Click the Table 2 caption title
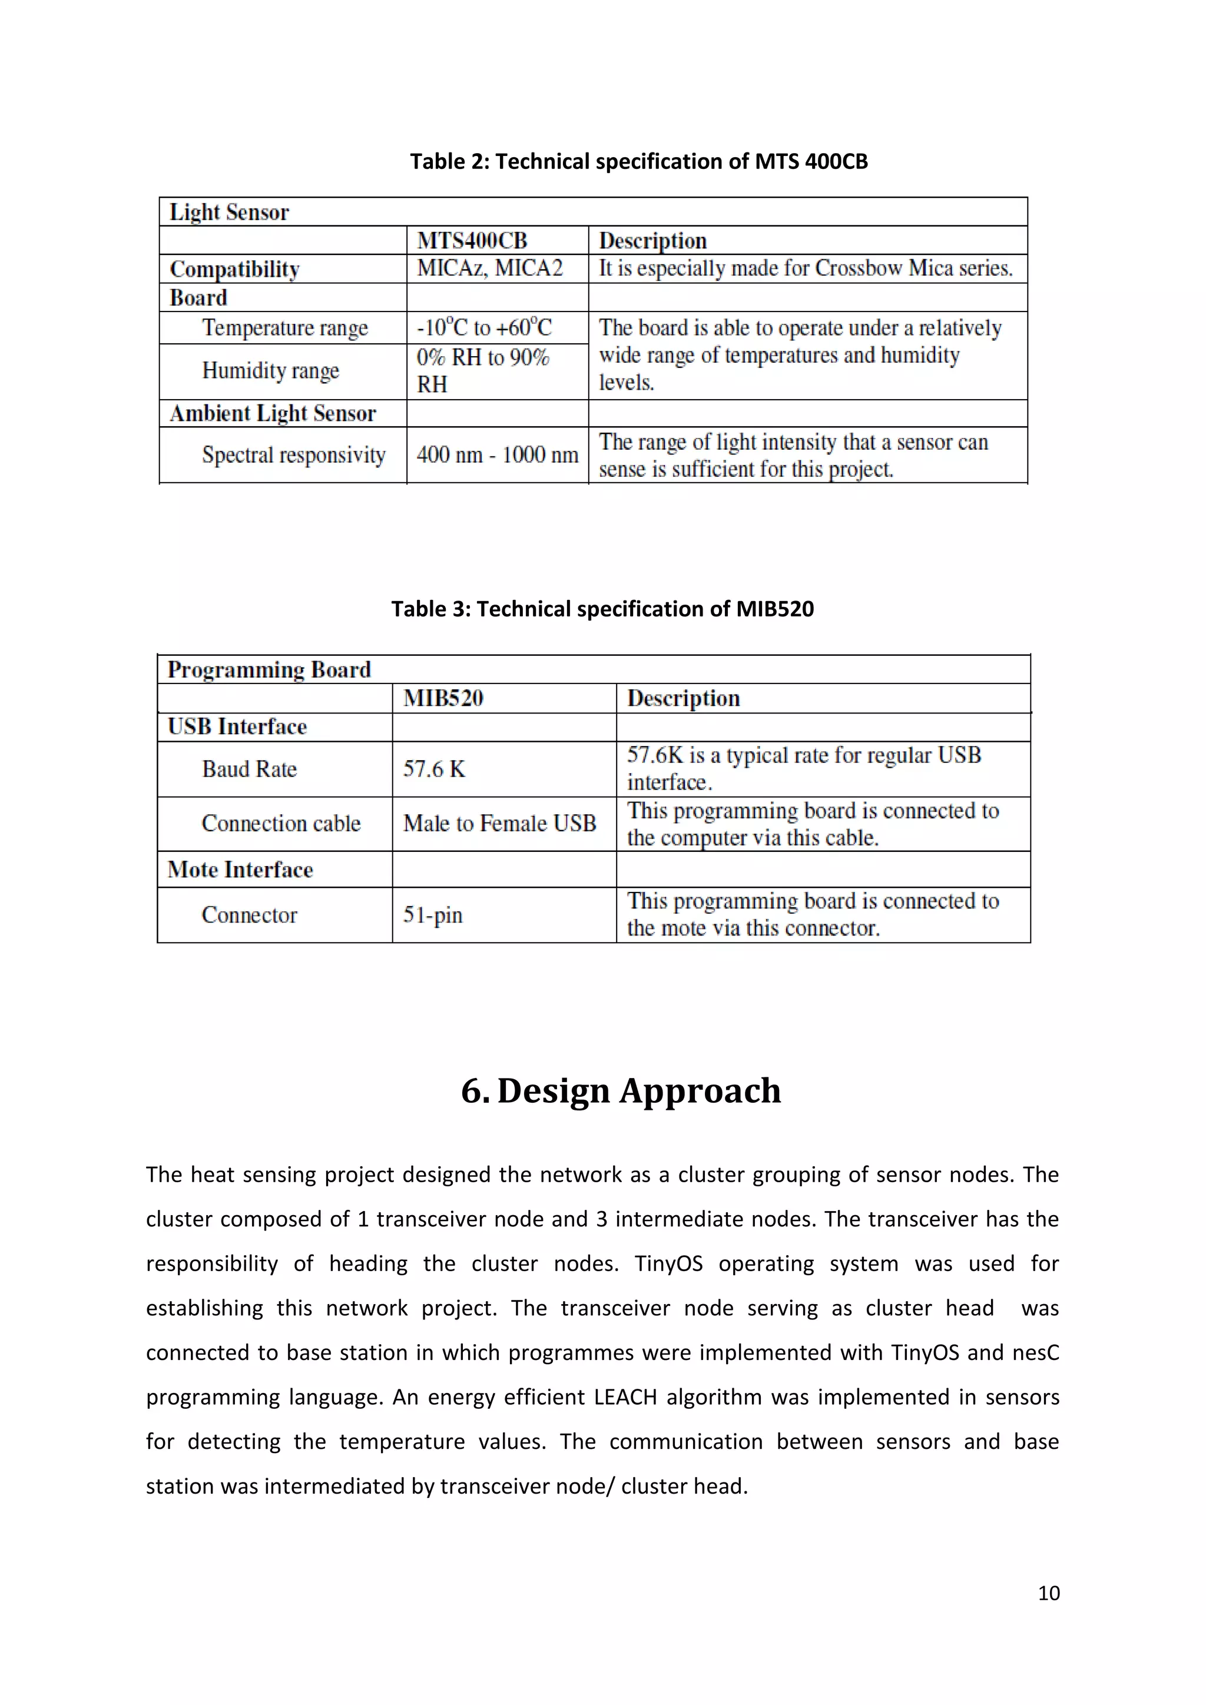click(x=639, y=161)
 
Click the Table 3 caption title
click(x=602, y=609)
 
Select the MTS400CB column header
click(x=472, y=241)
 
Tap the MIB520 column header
click(x=443, y=698)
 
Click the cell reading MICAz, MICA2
click(x=490, y=268)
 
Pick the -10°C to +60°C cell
click(x=484, y=327)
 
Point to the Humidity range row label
click(x=270, y=370)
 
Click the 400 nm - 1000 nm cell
click(x=497, y=455)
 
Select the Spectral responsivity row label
click(x=293, y=455)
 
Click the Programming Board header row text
click(x=269, y=670)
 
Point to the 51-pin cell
click(x=433, y=915)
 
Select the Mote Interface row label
click(x=240, y=870)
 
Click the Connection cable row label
click(x=281, y=824)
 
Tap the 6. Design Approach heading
click(x=621, y=1091)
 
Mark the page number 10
click(x=1049, y=1594)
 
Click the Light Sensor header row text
click(x=228, y=213)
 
